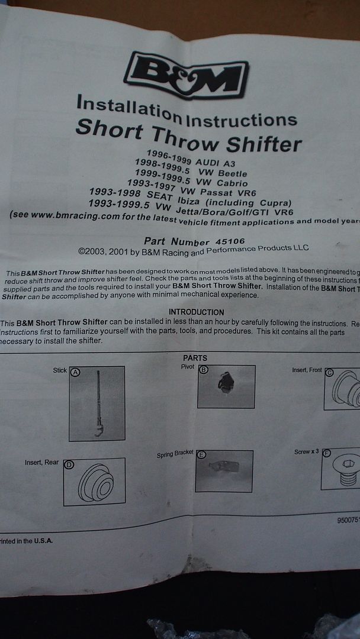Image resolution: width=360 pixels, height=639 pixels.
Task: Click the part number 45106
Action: tap(229, 241)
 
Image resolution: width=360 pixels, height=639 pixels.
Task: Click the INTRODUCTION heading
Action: tap(197, 312)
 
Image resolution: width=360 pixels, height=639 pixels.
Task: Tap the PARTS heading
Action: tap(195, 358)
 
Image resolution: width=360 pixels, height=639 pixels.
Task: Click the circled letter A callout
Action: tap(75, 372)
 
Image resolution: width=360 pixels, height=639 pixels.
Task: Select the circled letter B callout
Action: tap(204, 370)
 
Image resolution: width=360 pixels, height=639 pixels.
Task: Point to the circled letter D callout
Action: tap(69, 464)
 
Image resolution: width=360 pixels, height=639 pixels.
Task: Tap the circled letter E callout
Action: tap(201, 455)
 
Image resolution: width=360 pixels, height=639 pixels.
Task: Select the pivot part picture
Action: tap(225, 385)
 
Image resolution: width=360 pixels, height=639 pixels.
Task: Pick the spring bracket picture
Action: tap(223, 471)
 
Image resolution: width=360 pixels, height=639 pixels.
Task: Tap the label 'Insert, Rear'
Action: tap(41, 462)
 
